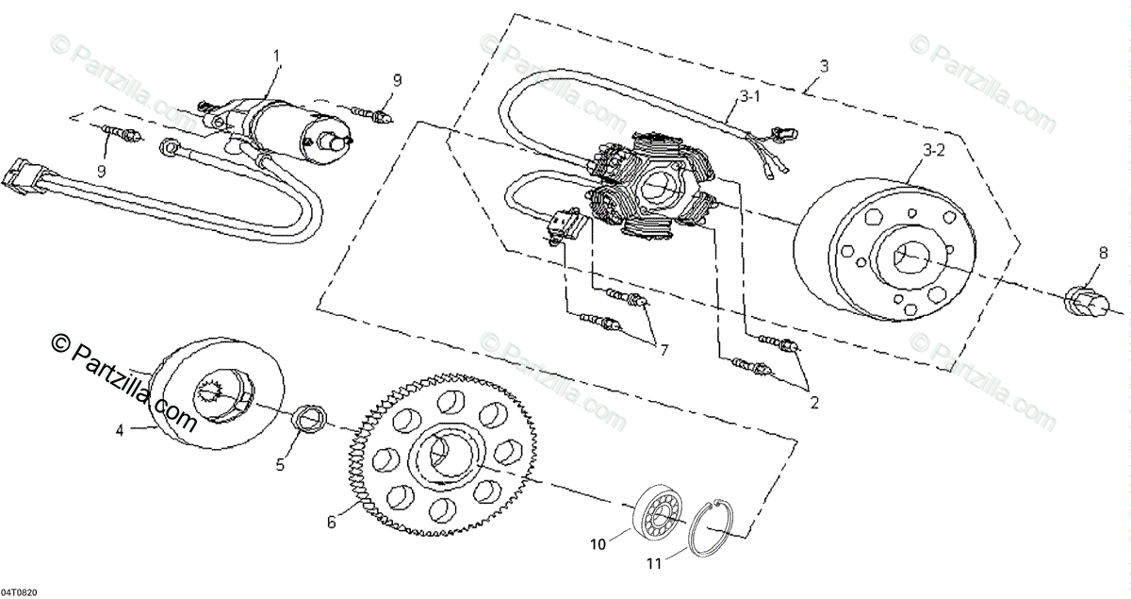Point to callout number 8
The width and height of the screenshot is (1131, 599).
click(x=1102, y=252)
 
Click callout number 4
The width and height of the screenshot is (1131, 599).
click(x=120, y=431)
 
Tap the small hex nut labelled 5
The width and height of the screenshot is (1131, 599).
click(x=306, y=417)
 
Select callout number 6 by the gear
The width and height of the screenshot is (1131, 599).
click(x=330, y=521)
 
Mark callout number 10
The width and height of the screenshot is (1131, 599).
click(x=597, y=543)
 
